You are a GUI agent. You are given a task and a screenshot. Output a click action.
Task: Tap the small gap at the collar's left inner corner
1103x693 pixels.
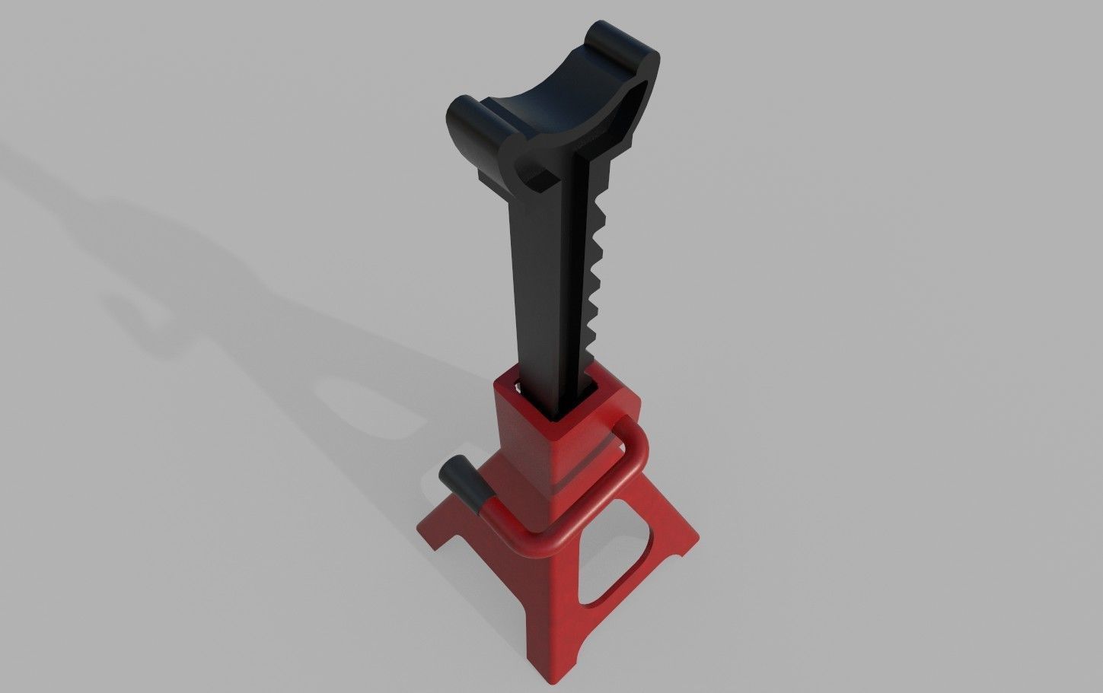point(518,388)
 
